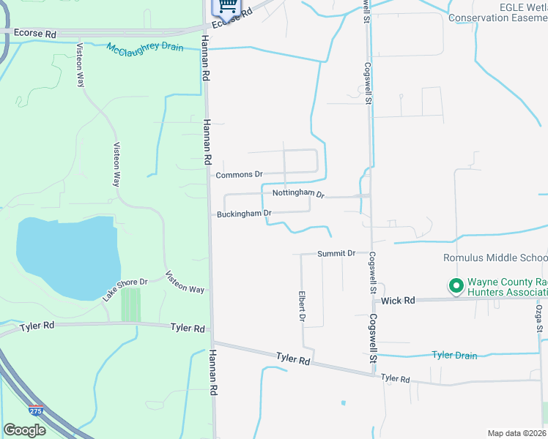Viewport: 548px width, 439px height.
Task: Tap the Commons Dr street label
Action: (x=239, y=175)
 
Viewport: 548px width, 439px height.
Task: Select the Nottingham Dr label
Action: (x=298, y=193)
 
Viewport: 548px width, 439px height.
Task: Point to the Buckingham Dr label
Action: (x=244, y=214)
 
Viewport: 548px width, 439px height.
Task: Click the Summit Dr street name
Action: (x=336, y=253)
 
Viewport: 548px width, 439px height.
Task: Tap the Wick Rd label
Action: (x=399, y=301)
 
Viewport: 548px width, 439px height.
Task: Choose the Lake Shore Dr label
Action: (x=125, y=290)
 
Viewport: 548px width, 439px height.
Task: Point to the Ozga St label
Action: (x=538, y=318)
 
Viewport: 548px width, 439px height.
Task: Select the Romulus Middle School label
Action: (x=495, y=258)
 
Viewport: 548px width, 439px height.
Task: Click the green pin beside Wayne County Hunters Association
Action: (x=456, y=286)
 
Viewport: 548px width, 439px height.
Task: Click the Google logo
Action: (x=24, y=430)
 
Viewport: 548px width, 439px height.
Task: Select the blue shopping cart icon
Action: (x=226, y=6)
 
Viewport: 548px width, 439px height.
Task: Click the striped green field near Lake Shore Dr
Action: (x=130, y=304)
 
